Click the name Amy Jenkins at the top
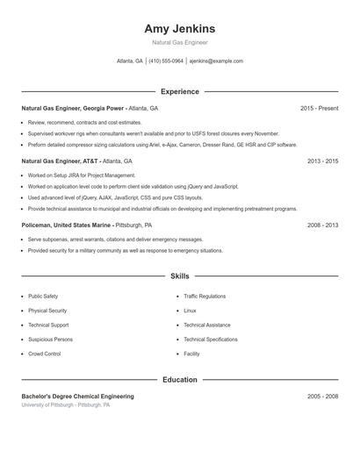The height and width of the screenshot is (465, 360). click(179, 29)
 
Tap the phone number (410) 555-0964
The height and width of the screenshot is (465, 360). click(166, 61)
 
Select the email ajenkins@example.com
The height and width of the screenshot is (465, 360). click(216, 61)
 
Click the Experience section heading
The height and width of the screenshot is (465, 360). click(179, 91)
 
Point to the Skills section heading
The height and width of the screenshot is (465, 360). click(179, 275)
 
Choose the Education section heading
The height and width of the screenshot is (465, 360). click(179, 380)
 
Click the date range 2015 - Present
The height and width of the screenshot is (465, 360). click(319, 108)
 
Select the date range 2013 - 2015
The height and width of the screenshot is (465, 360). click(322, 161)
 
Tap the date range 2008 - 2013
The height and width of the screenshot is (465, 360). click(322, 225)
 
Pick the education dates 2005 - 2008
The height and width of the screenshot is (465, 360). click(322, 397)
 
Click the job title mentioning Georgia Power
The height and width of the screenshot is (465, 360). click(90, 108)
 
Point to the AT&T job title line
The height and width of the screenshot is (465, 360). click(76, 161)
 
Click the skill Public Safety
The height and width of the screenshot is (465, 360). click(43, 297)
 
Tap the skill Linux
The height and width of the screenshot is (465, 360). click(190, 311)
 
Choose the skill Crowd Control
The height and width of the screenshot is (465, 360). click(44, 354)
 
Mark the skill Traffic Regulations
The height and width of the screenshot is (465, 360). click(205, 297)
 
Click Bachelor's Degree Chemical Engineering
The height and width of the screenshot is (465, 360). click(77, 397)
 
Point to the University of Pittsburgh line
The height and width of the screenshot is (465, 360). click(66, 405)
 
